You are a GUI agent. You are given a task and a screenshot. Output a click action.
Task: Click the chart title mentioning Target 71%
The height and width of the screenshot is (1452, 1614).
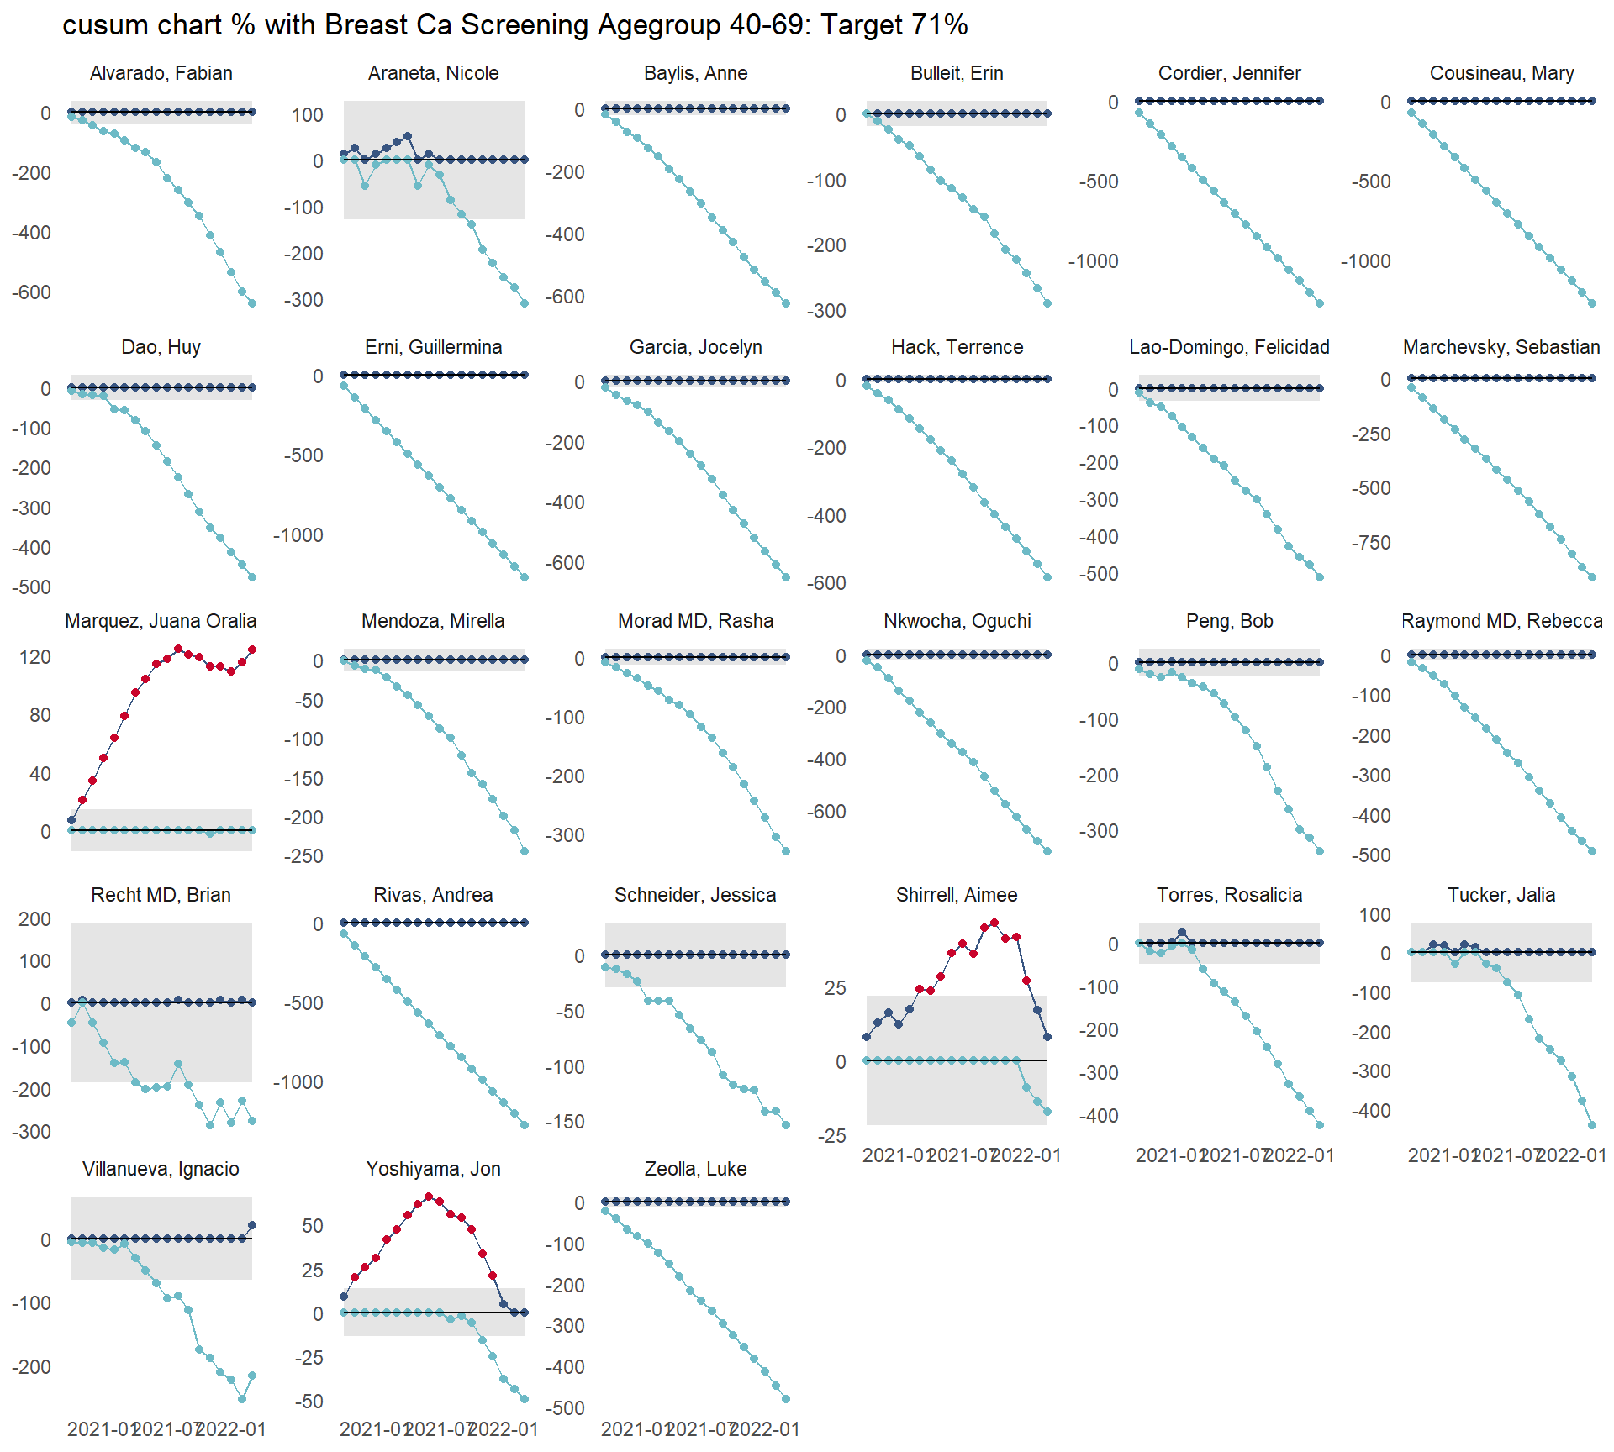pos(514,25)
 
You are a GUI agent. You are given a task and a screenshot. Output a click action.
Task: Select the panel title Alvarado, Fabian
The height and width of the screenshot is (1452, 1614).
pos(161,73)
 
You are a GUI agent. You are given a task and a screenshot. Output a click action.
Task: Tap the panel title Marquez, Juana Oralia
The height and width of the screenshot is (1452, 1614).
pos(161,621)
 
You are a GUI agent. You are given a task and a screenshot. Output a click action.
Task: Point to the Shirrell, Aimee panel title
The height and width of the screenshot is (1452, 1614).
pos(957,895)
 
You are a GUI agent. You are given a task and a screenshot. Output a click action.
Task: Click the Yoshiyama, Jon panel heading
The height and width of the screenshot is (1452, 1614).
pos(433,1169)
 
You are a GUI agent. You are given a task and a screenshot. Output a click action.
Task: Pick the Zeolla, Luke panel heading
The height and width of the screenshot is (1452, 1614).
pos(695,1169)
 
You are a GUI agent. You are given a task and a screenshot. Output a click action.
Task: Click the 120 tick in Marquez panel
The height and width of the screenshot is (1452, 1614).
pos(35,657)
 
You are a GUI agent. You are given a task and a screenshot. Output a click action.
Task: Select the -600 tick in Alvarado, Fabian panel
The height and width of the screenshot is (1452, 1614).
pos(31,292)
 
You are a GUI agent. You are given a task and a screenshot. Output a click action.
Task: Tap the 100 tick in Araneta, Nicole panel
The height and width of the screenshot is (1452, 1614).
pos(307,115)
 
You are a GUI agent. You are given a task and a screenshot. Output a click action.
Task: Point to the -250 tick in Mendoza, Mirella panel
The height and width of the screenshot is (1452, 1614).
pos(303,856)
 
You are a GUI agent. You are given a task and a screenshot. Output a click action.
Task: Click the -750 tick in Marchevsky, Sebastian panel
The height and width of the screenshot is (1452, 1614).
pos(1371,543)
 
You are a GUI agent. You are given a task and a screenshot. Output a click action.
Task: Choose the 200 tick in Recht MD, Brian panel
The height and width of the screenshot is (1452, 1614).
pos(35,919)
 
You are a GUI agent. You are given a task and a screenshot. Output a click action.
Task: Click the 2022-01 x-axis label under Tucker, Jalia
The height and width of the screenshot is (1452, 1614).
pos(1571,1155)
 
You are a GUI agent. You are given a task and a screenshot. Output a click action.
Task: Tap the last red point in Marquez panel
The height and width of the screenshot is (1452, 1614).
pos(252,650)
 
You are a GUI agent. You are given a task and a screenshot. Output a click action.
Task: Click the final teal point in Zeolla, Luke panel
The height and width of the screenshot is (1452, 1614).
pos(787,1399)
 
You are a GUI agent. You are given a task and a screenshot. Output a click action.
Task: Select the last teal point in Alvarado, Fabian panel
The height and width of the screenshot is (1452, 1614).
pos(252,303)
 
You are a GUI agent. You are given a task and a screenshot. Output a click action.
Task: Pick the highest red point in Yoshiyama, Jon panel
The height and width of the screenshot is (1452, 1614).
pos(430,1197)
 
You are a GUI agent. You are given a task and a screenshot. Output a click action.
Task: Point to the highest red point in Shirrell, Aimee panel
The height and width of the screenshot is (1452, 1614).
pos(994,923)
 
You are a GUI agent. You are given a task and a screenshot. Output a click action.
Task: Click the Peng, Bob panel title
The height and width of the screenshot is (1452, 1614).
pos(1229,621)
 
